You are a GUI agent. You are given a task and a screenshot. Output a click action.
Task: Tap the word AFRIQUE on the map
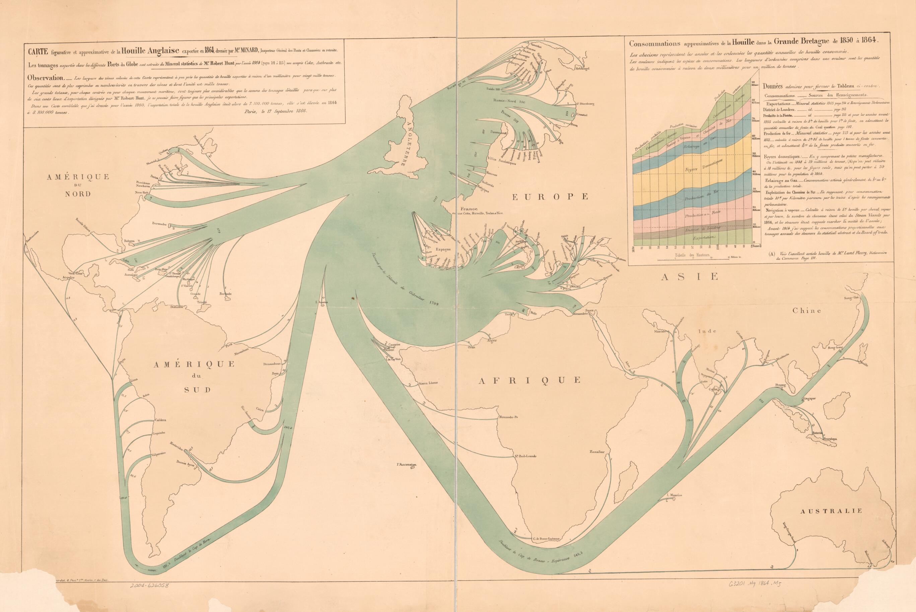[x=530, y=380]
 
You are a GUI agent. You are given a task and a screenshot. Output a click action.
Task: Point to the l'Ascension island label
[x=407, y=464]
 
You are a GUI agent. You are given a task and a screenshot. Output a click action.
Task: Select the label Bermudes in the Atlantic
[x=160, y=224]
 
